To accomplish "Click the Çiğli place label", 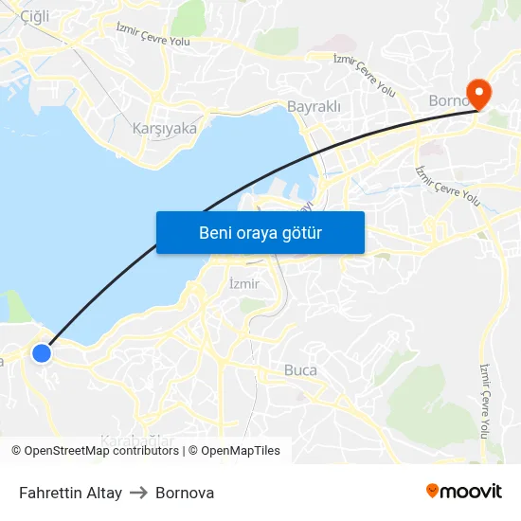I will [34, 16].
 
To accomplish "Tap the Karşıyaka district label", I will [165, 128].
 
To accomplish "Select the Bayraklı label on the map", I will [314, 107].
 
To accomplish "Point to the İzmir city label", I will [244, 283].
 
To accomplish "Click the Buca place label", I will [300, 370].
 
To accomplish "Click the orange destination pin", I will [479, 93].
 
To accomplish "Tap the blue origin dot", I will [42, 353].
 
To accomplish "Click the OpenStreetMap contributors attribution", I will [95, 451].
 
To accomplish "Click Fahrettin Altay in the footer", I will [70, 493].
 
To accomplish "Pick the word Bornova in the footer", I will [185, 493].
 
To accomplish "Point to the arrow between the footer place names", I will [139, 493].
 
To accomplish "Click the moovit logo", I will [464, 491].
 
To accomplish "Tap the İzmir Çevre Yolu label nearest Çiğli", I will [153, 35].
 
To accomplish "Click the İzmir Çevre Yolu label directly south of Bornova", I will [448, 186].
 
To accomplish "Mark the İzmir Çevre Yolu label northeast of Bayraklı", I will [365, 74].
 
